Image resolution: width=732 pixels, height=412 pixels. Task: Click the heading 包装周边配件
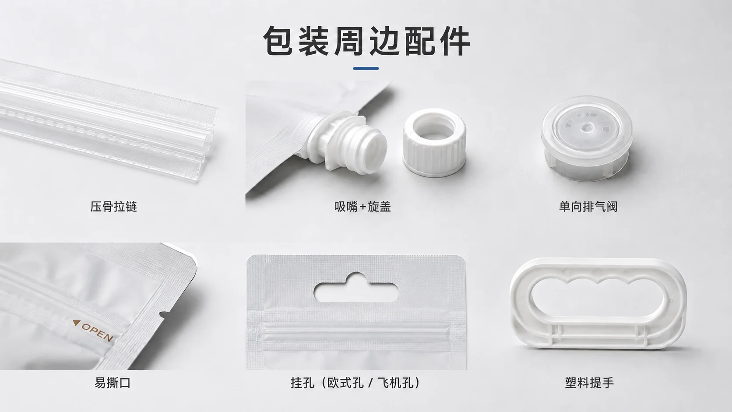click(366, 41)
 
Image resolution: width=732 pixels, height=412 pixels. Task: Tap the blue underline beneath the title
click(366, 68)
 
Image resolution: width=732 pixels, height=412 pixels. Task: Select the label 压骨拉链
click(113, 207)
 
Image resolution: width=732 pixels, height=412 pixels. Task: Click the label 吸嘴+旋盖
click(363, 207)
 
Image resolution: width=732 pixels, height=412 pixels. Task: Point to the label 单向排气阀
click(588, 207)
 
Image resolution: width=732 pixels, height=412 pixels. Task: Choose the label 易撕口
click(113, 383)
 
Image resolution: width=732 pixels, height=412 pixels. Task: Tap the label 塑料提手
click(589, 383)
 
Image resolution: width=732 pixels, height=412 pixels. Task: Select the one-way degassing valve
click(587, 138)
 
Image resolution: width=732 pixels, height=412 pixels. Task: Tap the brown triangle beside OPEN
click(76, 323)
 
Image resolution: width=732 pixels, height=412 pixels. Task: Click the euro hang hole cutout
click(356, 288)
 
